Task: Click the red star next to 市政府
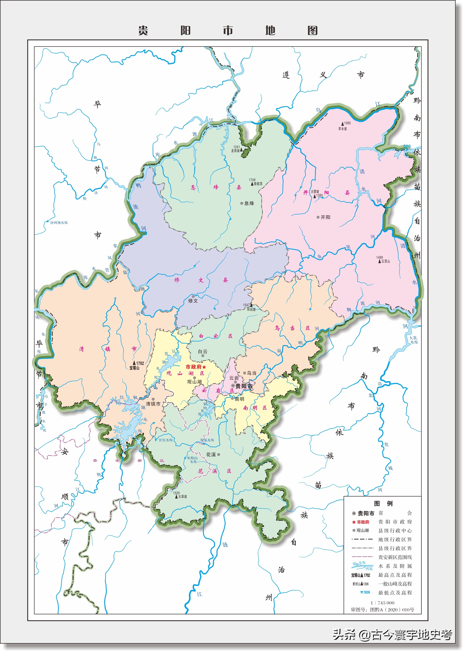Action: coord(204,367)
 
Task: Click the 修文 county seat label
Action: coord(193,300)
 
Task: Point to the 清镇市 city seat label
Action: coord(153,404)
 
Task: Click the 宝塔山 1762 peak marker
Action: coord(134,363)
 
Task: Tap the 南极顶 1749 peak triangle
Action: coord(252,184)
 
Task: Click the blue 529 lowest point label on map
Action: coord(407,146)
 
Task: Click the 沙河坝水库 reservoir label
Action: coord(58,223)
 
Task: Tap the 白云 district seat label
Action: coord(203,352)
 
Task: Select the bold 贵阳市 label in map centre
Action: coord(244,386)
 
